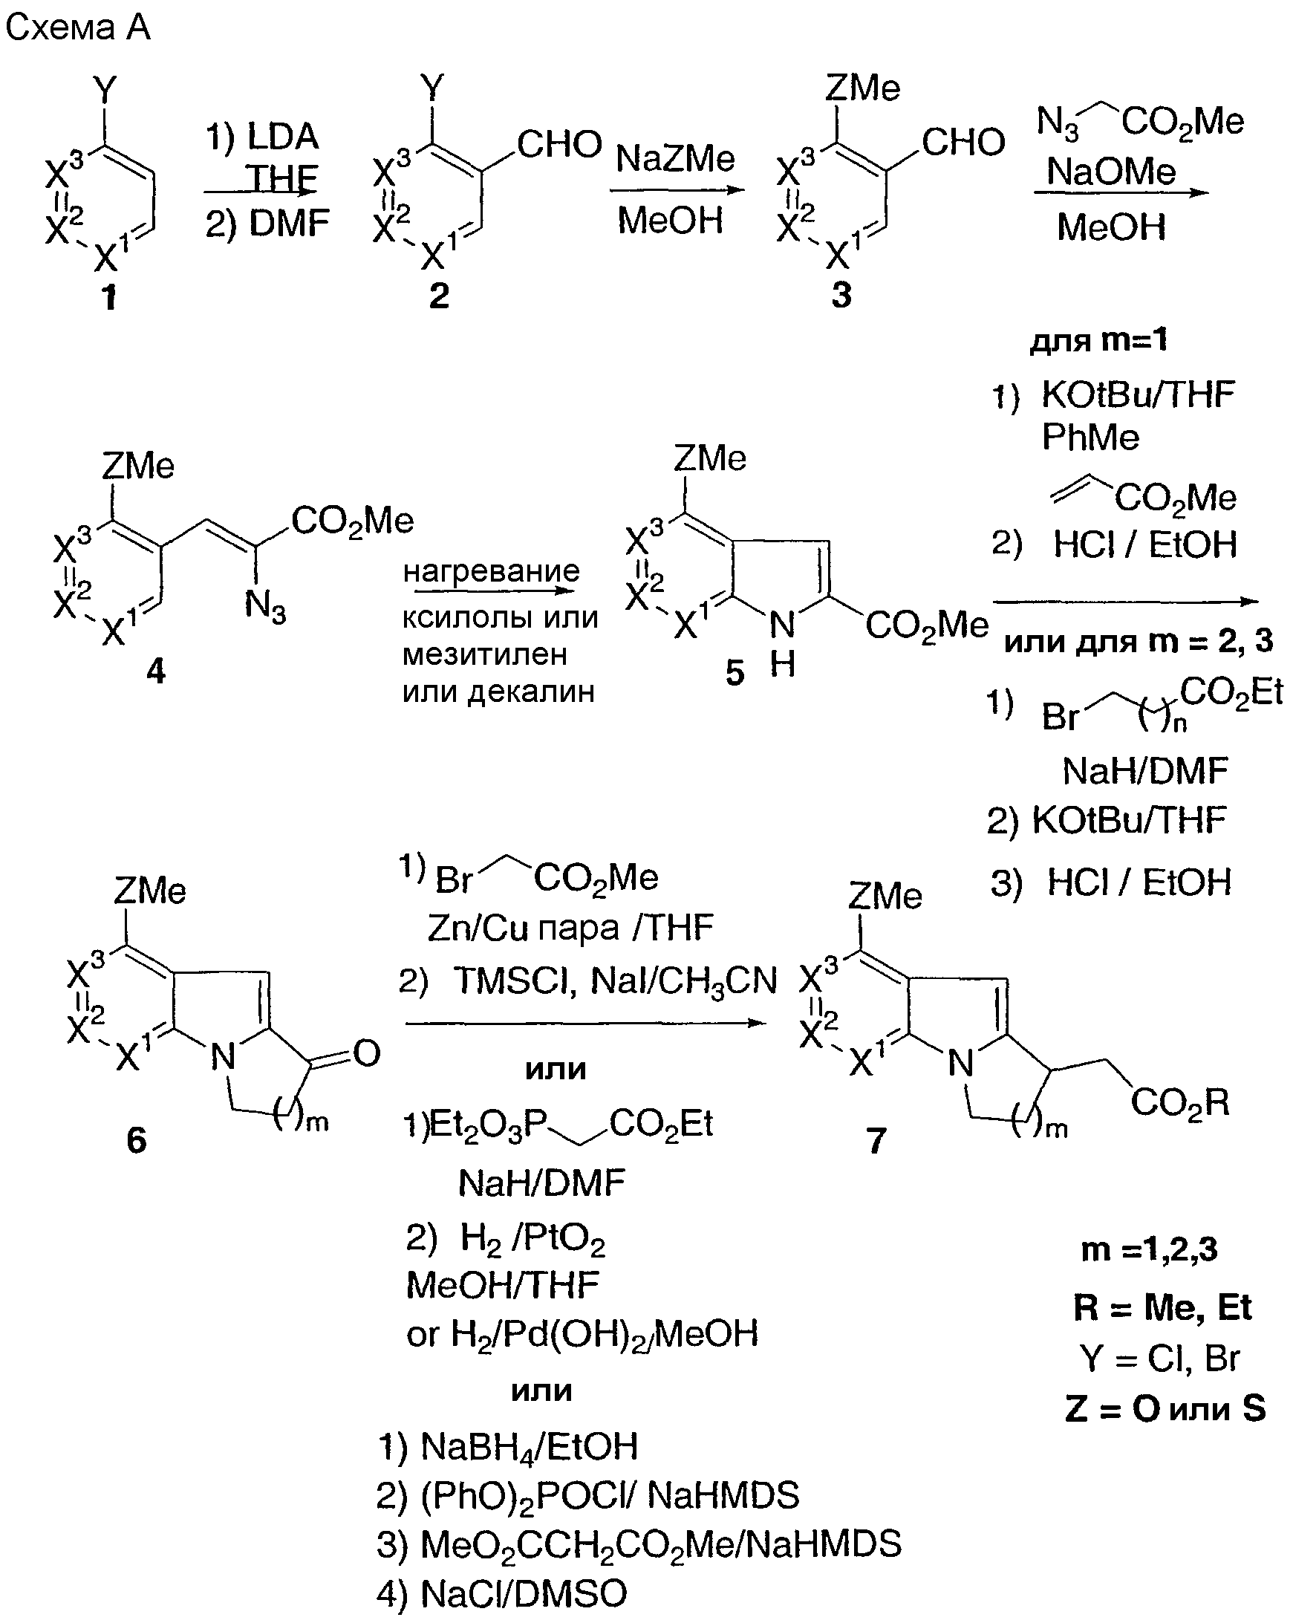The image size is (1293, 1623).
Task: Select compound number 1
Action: coord(110,296)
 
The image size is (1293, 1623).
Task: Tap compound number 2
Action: coord(439,295)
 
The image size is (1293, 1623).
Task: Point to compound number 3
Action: coord(841,295)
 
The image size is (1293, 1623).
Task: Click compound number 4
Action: coord(156,669)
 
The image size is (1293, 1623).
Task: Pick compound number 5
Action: coord(735,672)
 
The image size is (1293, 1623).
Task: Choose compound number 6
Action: coord(136,1139)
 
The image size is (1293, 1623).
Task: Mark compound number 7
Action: coord(876,1140)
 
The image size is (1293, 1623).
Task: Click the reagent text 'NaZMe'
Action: coord(675,158)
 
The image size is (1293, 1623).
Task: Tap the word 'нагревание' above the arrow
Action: coord(491,571)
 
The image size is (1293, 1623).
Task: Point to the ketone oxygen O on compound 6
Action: coord(367,1053)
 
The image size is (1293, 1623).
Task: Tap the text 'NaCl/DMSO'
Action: coord(524,1593)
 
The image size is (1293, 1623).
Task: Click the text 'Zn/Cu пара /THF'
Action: coord(570,928)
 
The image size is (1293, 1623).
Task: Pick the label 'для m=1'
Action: coord(1098,340)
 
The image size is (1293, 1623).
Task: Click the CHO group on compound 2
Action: coord(559,145)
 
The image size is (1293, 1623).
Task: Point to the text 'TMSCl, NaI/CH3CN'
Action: coord(614,981)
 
